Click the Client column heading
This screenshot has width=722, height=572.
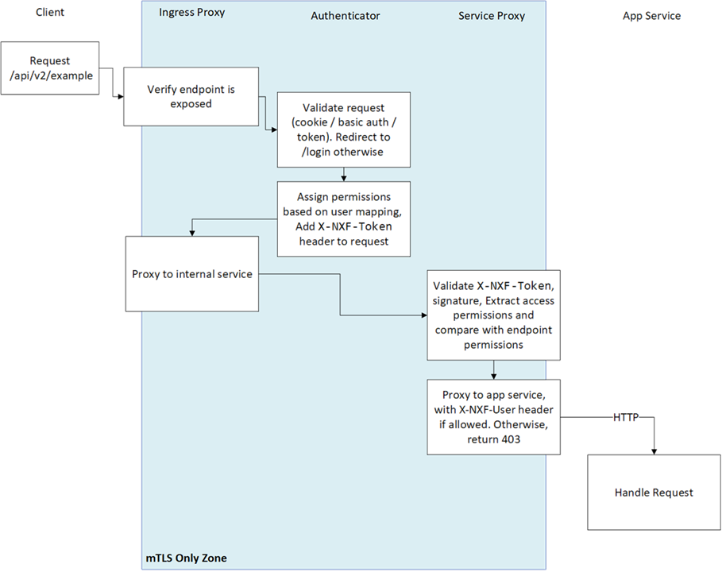pyautogui.click(x=49, y=14)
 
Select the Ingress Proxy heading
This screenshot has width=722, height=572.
pyautogui.click(x=191, y=12)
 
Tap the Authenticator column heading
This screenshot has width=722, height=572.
pyautogui.click(x=345, y=16)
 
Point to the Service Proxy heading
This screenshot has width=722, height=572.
pyautogui.click(x=491, y=16)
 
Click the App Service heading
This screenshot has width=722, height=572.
pyautogui.click(x=651, y=16)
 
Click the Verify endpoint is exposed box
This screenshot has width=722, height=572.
pyautogui.click(x=191, y=96)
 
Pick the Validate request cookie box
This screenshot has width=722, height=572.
pyautogui.click(x=343, y=129)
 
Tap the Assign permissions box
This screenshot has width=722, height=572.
pyautogui.click(x=343, y=218)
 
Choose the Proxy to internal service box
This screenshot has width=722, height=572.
pyautogui.click(x=191, y=274)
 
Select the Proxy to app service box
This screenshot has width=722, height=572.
pyautogui.click(x=493, y=416)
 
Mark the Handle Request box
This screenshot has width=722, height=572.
pyautogui.click(x=654, y=493)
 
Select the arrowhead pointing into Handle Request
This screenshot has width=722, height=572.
pyautogui.click(x=653, y=452)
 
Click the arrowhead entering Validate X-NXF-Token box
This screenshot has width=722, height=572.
pyautogui.click(x=423, y=315)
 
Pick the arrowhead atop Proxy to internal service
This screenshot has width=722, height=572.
pyautogui.click(x=191, y=232)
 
